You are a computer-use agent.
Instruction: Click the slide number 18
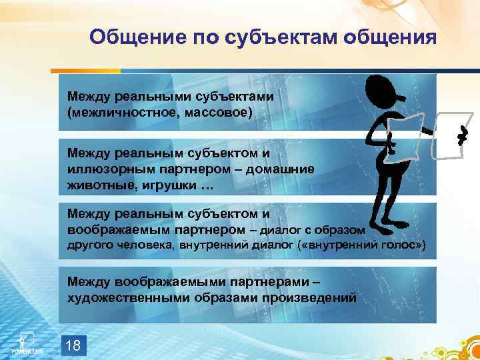pos(75,345)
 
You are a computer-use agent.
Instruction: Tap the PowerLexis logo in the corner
pos(26,342)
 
